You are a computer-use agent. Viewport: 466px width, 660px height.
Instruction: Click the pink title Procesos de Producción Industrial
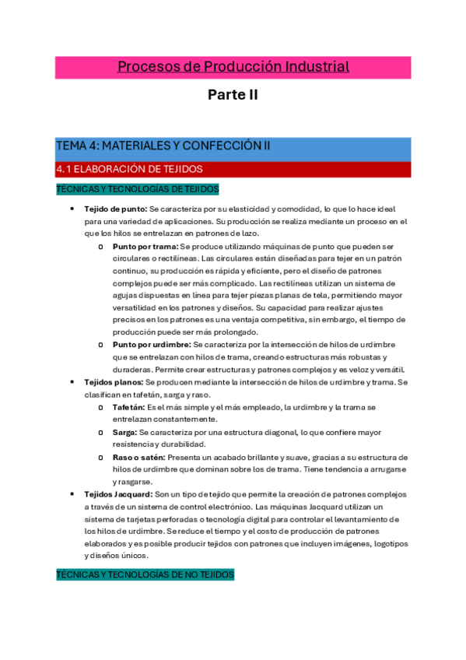233,67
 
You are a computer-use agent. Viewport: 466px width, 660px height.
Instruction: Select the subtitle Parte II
233,95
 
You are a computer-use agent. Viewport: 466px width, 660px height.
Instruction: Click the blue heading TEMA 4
163,146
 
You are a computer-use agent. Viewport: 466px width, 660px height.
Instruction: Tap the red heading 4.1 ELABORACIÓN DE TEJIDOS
129,168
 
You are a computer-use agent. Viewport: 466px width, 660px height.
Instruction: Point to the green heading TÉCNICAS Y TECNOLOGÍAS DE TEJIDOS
138,189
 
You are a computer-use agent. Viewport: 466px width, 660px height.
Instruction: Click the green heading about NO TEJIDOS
145,574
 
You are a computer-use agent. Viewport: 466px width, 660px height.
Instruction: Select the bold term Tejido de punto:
115,209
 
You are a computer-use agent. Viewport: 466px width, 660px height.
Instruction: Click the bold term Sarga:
124,431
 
